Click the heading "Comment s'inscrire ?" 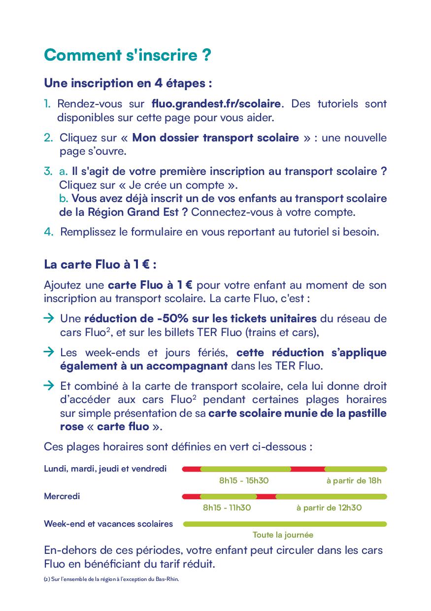pos(128,55)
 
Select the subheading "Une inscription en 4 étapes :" pos(128,83)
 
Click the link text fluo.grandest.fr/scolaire pos(216,104)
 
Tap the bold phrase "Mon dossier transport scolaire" pos(215,137)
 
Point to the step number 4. pos(48,232)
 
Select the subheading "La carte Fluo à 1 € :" pos(100,264)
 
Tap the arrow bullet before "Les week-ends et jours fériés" pos(49,352)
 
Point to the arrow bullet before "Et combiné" pos(49,386)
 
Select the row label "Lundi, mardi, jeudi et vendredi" pos(105,469)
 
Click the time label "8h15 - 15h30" pos(244,480)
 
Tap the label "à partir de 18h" pos(354,480)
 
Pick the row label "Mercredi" pos(62,496)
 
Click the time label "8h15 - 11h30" pos(227,508)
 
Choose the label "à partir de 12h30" pos(329,508)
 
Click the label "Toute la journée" pos(283,535)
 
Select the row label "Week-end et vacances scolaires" pos(108,524)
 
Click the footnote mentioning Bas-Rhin pos(111,579)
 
